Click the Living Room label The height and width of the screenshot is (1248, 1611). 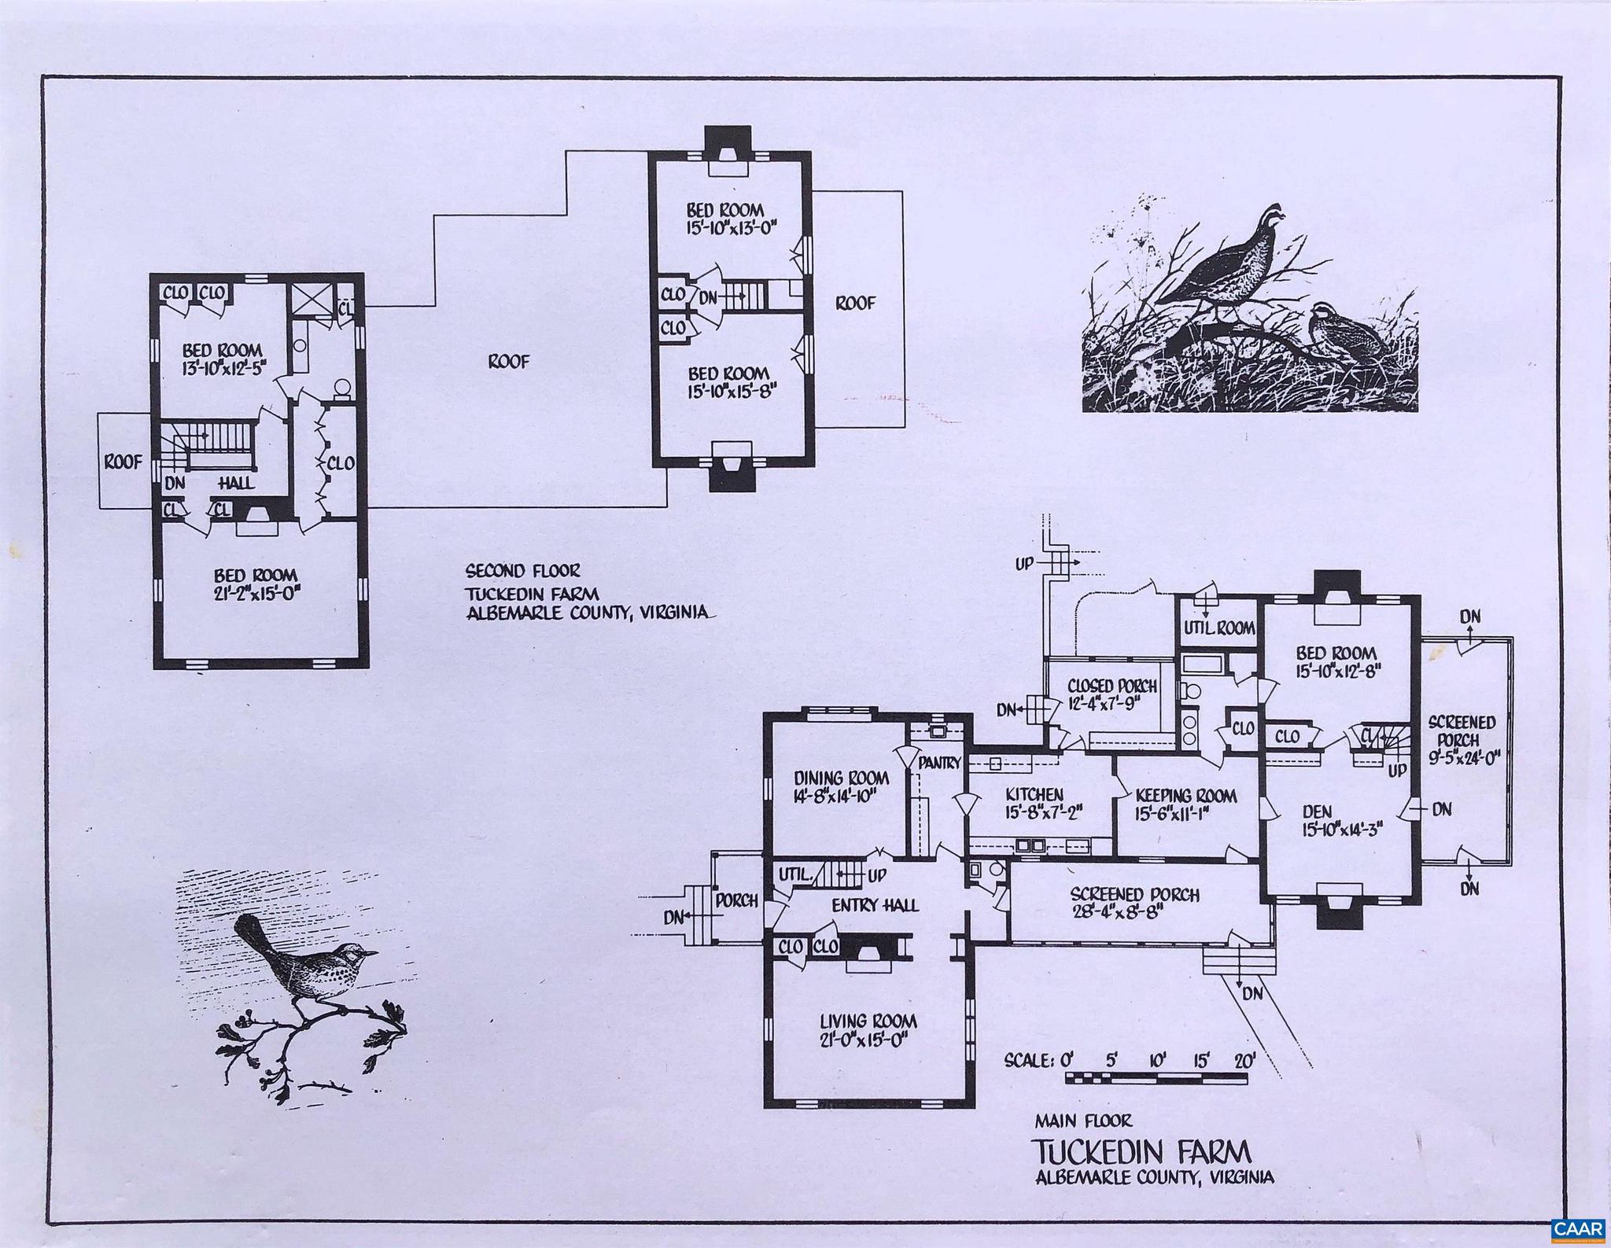868,1022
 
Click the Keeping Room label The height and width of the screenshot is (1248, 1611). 1186,796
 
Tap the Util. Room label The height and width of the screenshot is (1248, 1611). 1219,628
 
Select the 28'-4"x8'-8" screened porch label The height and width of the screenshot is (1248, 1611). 1134,904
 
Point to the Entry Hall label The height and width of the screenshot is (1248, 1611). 875,905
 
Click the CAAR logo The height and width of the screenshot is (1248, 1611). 1577,1228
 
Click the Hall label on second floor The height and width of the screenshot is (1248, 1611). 235,483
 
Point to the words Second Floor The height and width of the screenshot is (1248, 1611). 522,571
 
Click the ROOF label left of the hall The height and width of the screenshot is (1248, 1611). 123,462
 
